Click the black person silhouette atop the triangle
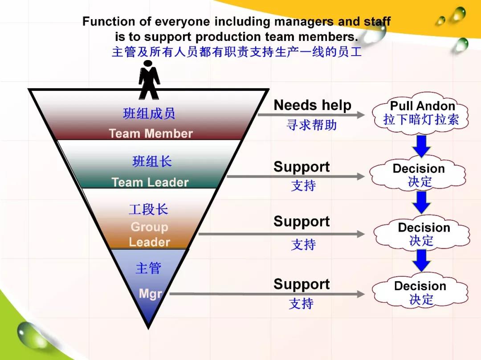tap(149, 80)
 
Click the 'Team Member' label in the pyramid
tap(151, 133)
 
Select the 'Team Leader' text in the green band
tap(150, 182)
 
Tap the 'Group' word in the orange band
tap(149, 227)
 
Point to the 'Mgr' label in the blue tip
tap(151, 294)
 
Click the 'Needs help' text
tap(312, 105)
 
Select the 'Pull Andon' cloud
tap(421, 113)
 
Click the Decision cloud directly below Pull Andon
tap(418, 174)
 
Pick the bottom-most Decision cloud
tap(420, 292)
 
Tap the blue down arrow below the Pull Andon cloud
tap(421, 146)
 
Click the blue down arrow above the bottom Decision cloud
tap(421, 260)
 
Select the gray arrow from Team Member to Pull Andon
tap(311, 115)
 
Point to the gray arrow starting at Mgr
tap(267, 294)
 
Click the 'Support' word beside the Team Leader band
tap(302, 167)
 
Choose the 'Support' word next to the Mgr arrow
tap(302, 284)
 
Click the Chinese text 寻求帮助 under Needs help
tap(312, 125)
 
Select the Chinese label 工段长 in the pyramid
tap(148, 210)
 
